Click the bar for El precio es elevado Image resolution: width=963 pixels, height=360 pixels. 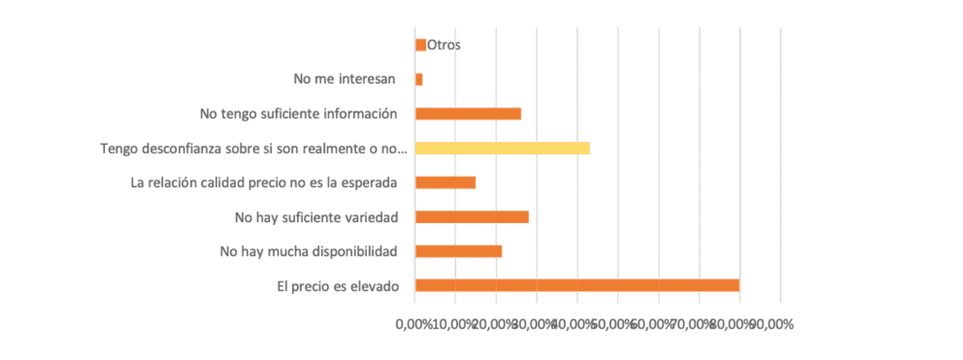pyautogui.click(x=577, y=285)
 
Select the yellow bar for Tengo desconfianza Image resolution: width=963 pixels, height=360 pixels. pyautogui.click(x=502, y=148)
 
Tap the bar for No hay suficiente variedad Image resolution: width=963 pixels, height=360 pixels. pyautogui.click(x=472, y=217)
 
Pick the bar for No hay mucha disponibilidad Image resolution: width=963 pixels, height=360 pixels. pyautogui.click(x=458, y=251)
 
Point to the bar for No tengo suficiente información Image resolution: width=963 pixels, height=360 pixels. pyautogui.click(x=468, y=114)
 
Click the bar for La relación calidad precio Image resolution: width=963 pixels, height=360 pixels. pyautogui.click(x=445, y=182)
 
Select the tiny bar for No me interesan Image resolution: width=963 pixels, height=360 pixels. pyautogui.click(x=419, y=80)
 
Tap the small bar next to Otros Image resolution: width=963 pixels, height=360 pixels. pyautogui.click(x=420, y=45)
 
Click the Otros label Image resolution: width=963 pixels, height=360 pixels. pyautogui.click(x=444, y=45)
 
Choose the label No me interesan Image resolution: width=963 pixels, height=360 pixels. pyautogui.click(x=344, y=79)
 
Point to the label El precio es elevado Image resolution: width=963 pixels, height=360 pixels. pyautogui.click(x=338, y=286)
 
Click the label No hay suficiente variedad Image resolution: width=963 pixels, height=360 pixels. pyautogui.click(x=316, y=217)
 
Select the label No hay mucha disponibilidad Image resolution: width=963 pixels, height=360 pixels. pyautogui.click(x=309, y=251)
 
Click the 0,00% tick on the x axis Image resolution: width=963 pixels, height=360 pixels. pyautogui.click(x=414, y=324)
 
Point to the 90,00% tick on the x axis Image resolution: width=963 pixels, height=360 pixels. pyautogui.click(x=774, y=324)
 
